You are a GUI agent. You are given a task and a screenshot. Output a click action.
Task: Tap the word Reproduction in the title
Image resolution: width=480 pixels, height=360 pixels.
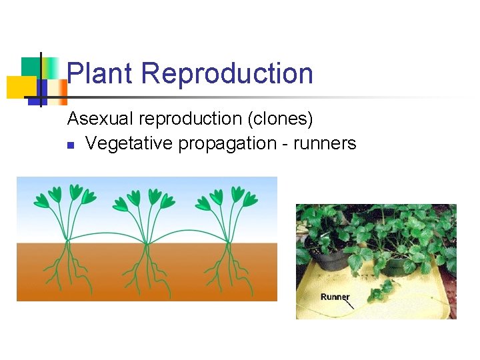click(227, 73)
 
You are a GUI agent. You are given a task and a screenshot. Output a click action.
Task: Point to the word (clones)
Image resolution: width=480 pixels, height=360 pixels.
click(280, 119)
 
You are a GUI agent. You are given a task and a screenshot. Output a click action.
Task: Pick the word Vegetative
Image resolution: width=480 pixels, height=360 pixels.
click(129, 143)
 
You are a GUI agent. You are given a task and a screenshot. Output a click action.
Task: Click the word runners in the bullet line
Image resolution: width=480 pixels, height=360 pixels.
click(323, 143)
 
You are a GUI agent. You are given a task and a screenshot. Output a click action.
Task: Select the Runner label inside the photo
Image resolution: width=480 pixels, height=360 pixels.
click(335, 297)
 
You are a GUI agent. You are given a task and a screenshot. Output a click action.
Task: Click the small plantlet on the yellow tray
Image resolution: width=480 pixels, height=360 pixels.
click(380, 291)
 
